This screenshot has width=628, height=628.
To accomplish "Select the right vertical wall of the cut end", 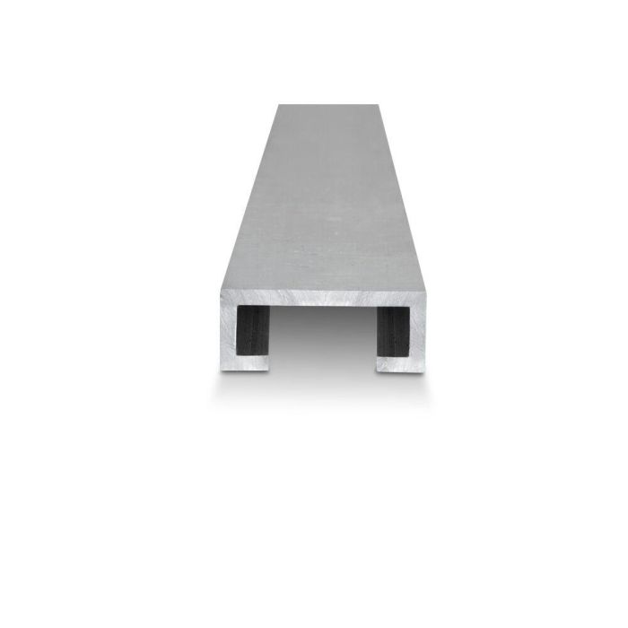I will pyautogui.click(x=417, y=332).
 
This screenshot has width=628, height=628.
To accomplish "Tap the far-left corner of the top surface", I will pyautogui.click(x=277, y=106).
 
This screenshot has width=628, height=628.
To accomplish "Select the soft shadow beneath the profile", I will pyautogui.click(x=321, y=386).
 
